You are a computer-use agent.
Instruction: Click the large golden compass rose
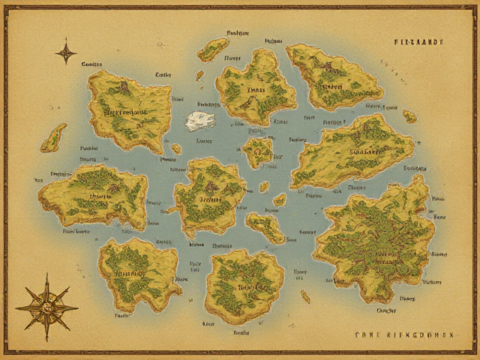click(46, 306)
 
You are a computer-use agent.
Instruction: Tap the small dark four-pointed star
click(66, 52)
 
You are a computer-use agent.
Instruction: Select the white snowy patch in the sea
click(200, 120)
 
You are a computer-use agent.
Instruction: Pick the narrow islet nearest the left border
click(53, 137)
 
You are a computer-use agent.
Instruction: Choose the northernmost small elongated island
click(213, 49)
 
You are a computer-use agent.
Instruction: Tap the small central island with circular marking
click(259, 151)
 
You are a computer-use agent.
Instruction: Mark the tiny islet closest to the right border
click(409, 116)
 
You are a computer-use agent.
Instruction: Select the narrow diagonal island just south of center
click(265, 226)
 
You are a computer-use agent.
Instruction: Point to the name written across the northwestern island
click(127, 112)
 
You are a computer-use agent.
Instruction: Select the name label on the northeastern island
click(330, 85)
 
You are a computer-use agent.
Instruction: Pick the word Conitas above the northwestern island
click(91, 65)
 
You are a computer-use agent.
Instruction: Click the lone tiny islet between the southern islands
click(305, 296)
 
